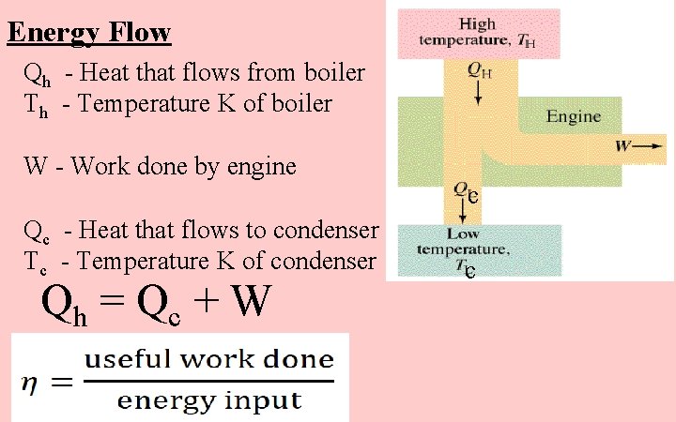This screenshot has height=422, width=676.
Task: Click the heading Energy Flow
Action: (89, 34)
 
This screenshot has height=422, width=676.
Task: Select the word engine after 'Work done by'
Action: (263, 168)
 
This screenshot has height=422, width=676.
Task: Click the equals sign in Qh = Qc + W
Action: (112, 303)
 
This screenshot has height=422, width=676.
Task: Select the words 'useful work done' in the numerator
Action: (208, 359)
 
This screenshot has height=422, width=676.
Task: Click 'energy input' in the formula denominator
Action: (208, 400)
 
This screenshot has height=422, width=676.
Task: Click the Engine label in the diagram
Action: (573, 118)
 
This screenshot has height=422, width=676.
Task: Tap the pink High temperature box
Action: (477, 33)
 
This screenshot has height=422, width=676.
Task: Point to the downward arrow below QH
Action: (479, 91)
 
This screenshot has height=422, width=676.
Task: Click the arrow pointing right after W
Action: (650, 145)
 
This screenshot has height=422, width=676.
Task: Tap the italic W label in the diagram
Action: (622, 145)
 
